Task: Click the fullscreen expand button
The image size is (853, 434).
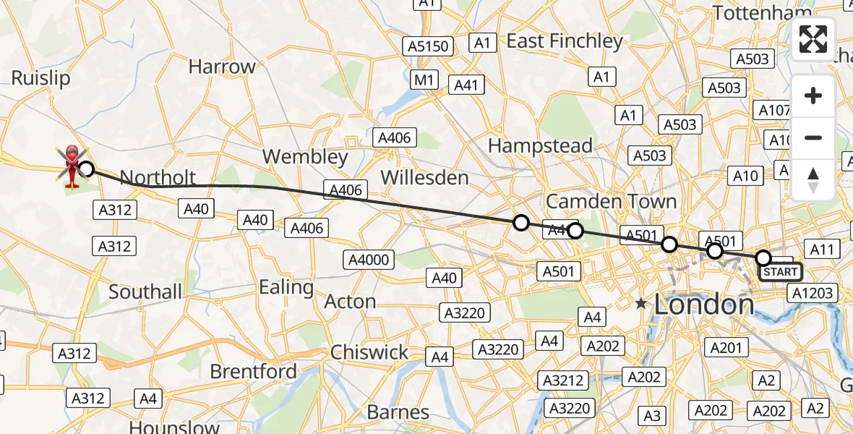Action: point(813,39)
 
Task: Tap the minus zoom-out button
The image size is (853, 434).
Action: point(813,137)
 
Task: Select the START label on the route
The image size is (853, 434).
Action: point(780,272)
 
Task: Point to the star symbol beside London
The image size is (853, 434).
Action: point(641,305)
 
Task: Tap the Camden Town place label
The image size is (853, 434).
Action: point(611,201)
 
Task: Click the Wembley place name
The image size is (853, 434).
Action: point(305,156)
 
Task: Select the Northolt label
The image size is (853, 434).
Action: point(158,178)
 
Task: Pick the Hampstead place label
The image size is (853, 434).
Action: point(540,145)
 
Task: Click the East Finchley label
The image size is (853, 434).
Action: point(565,41)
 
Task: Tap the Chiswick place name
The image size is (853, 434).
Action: point(369,352)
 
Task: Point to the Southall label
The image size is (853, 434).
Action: point(145,292)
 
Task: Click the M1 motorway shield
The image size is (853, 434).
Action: point(426,79)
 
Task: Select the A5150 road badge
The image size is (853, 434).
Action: point(429,47)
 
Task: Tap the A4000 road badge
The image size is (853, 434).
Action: point(369,260)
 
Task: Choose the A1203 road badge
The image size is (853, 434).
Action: point(813,293)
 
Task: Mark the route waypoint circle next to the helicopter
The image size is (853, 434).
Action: point(86,169)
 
